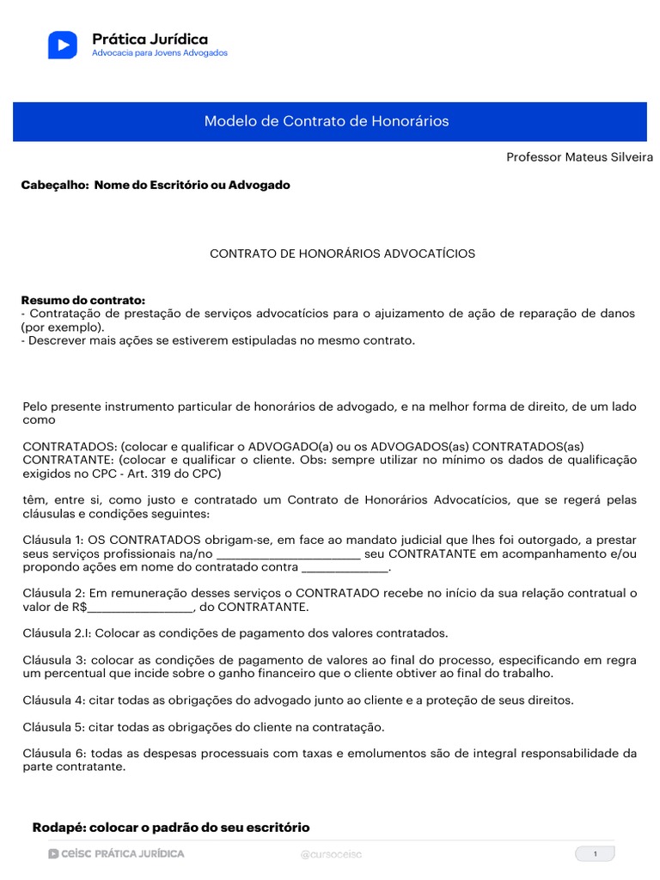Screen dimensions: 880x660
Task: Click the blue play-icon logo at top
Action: [x=62, y=45]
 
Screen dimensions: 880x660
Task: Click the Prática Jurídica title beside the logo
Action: [x=150, y=39]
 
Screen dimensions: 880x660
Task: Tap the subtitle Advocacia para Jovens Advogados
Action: [x=159, y=53]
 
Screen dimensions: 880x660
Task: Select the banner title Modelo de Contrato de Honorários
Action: [x=327, y=121]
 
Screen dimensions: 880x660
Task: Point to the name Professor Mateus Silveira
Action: [x=579, y=157]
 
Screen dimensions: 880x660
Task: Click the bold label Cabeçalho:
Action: [x=54, y=185]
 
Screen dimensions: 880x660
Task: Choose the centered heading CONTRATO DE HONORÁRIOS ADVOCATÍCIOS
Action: [x=343, y=254]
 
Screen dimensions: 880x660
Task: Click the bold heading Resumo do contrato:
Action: [x=83, y=300]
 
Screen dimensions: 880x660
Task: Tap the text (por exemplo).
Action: [x=62, y=327]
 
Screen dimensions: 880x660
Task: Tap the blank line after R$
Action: [x=141, y=608]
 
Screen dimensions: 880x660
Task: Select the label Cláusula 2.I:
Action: [x=57, y=633]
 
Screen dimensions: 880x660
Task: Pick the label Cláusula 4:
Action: [x=54, y=700]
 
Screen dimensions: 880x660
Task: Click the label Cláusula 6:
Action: [x=54, y=754]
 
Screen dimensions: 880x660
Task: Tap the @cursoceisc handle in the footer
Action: [x=330, y=854]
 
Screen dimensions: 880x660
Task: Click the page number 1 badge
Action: [x=595, y=853]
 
